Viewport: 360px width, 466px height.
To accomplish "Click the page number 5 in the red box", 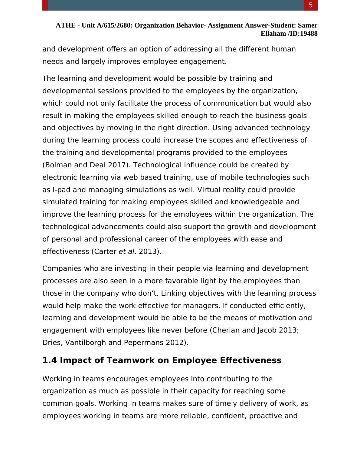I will (x=311, y=5).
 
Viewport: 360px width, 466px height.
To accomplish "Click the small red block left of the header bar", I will (x=45, y=5).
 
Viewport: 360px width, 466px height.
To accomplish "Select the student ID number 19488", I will (x=309, y=34).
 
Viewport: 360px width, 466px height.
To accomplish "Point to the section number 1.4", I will (x=50, y=360).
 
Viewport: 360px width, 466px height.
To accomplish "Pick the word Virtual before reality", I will (x=208, y=190).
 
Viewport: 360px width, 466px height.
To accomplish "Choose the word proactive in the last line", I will (x=266, y=416).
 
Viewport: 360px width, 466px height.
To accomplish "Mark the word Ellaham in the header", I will (x=274, y=34).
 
